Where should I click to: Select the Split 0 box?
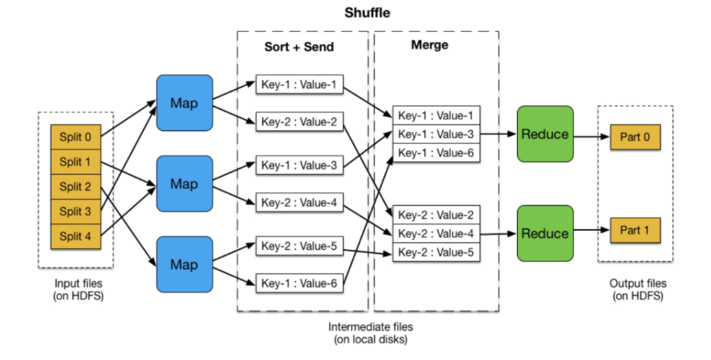click(76, 137)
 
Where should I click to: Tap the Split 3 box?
click(76, 211)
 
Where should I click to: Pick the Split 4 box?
click(76, 236)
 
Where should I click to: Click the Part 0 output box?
click(635, 138)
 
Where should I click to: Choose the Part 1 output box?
click(635, 230)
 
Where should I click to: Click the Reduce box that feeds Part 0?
click(545, 134)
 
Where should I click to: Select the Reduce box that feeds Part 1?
click(545, 233)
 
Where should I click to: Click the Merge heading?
click(429, 45)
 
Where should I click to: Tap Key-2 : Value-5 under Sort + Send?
click(298, 246)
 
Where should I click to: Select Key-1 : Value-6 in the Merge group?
click(436, 152)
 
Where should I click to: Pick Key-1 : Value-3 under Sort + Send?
click(298, 165)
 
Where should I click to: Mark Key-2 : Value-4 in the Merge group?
click(436, 234)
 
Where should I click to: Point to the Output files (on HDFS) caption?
click(638, 289)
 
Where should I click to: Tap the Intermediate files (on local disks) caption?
click(370, 333)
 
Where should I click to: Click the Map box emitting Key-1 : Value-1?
click(184, 102)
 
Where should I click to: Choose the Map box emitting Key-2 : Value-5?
click(184, 264)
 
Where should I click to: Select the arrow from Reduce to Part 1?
click(591, 230)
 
